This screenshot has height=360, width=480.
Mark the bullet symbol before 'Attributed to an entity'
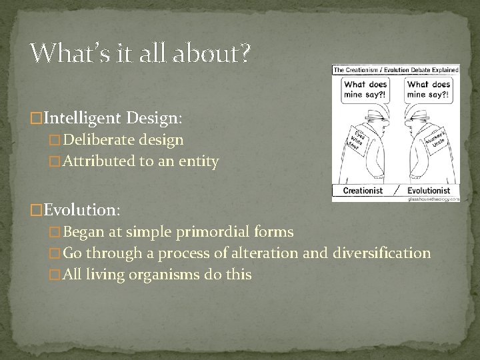click(55, 161)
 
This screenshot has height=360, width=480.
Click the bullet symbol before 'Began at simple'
click(55, 232)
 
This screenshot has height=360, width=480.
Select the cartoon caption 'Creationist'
click(363, 191)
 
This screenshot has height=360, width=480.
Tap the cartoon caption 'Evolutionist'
click(429, 191)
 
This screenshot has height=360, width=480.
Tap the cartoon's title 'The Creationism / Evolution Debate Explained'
click(396, 69)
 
